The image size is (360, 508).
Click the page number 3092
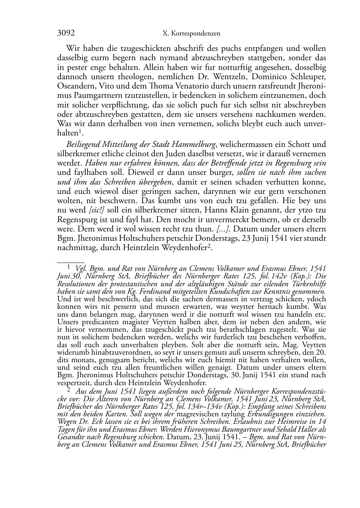[x=66, y=33]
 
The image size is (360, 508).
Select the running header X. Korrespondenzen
[x=191, y=34]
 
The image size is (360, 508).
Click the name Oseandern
[x=75, y=86]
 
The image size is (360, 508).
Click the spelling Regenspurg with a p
[x=76, y=219]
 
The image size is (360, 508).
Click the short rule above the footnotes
[x=71, y=263]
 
